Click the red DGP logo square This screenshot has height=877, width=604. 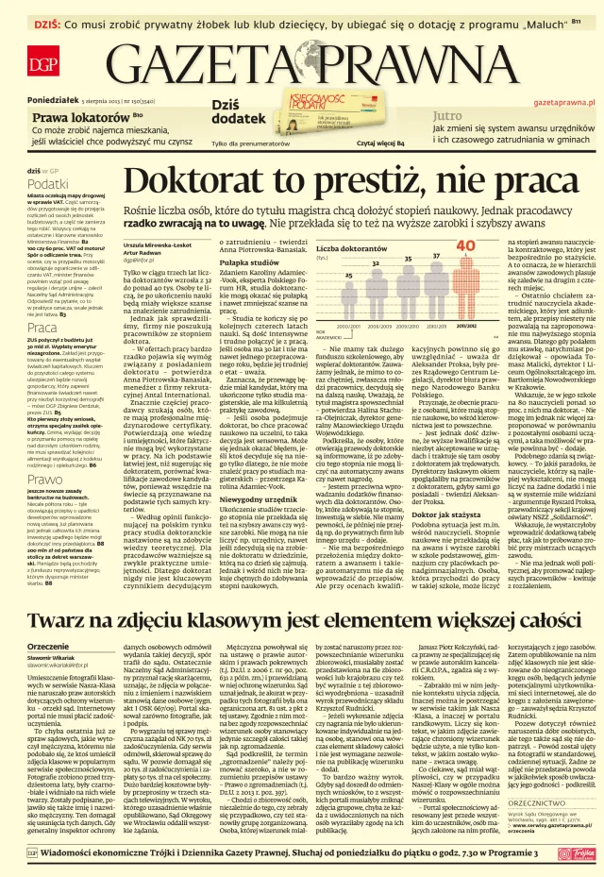(42, 64)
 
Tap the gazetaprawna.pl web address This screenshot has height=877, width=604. (563, 100)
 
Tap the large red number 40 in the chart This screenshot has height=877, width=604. (465, 246)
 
